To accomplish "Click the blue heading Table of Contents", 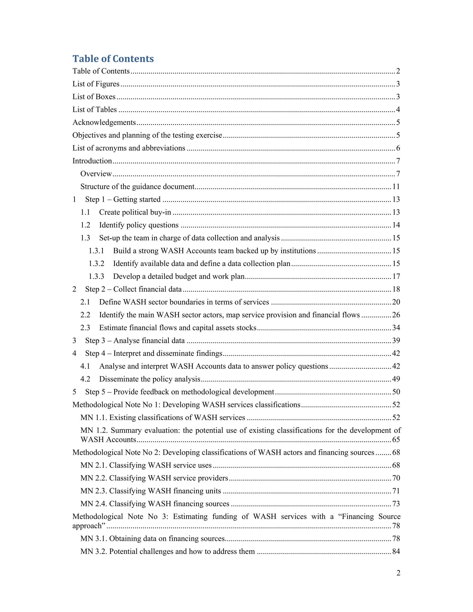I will click(113, 59).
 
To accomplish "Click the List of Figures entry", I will click(96, 84).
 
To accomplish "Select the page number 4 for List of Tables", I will click(398, 109).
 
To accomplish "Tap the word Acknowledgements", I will click(104, 122).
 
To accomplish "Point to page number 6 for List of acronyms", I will click(398, 148).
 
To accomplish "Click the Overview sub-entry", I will click(96, 174).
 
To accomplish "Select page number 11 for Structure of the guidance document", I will click(396, 187).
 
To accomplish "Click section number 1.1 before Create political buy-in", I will click(85, 212).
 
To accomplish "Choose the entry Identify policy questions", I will click(139, 225).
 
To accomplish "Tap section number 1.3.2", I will click(96, 264).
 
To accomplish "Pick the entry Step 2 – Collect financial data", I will click(133, 289).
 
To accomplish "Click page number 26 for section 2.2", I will click(396, 315).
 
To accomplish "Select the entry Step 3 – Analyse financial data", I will click(135, 340).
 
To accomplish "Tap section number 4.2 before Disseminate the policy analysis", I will click(85, 379).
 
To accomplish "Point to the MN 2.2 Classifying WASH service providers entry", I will click(154, 478).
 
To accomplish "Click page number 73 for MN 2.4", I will click(396, 504).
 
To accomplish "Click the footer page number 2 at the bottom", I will click(398, 573).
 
